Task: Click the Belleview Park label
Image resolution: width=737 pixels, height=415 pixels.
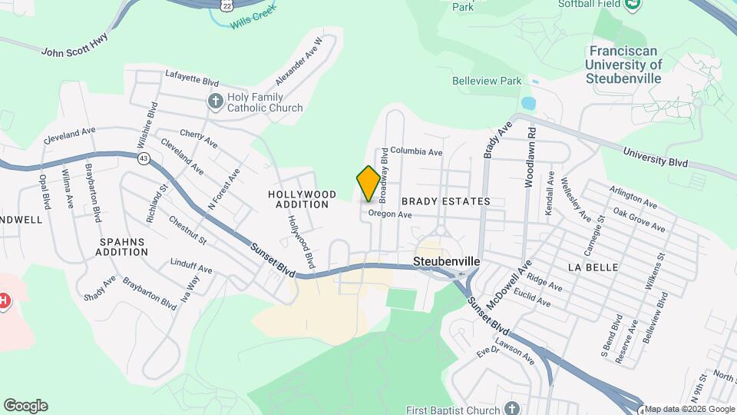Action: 486,81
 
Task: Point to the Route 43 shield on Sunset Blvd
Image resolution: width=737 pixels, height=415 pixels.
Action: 144,158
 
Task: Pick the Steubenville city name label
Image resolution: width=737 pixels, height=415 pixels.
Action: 446,261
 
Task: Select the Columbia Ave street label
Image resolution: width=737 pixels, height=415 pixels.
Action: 416,151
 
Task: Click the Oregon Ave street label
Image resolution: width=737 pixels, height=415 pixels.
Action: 390,214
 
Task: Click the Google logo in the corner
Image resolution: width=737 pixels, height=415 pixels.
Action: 25,406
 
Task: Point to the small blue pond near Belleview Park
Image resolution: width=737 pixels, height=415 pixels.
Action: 527,103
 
